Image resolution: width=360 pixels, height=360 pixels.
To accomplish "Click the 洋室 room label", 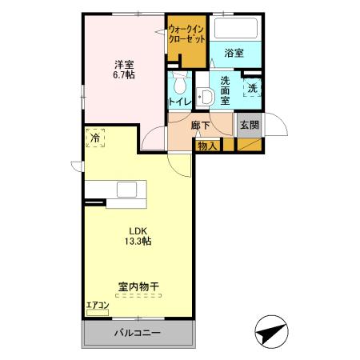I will pyautogui.click(x=122, y=63).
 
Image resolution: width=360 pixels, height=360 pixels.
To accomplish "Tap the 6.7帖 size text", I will pyautogui.click(x=122, y=75).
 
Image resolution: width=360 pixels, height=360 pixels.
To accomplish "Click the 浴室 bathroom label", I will pyautogui.click(x=234, y=53).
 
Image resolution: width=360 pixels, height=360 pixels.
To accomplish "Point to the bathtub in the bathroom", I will pyautogui.click(x=235, y=30).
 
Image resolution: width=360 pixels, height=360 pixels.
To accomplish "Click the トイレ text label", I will pyautogui.click(x=179, y=102).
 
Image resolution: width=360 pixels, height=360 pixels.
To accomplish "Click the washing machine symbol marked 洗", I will pyautogui.click(x=252, y=88).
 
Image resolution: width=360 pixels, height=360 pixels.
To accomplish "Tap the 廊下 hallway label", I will pyautogui.click(x=200, y=126).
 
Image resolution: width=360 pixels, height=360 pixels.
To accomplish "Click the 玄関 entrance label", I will pyautogui.click(x=248, y=125).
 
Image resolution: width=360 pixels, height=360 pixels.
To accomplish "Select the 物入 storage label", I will pyautogui.click(x=207, y=146).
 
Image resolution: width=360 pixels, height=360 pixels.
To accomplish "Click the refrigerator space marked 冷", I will pyautogui.click(x=95, y=138).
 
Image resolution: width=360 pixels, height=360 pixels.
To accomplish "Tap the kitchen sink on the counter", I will pyautogui.click(x=128, y=190).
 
